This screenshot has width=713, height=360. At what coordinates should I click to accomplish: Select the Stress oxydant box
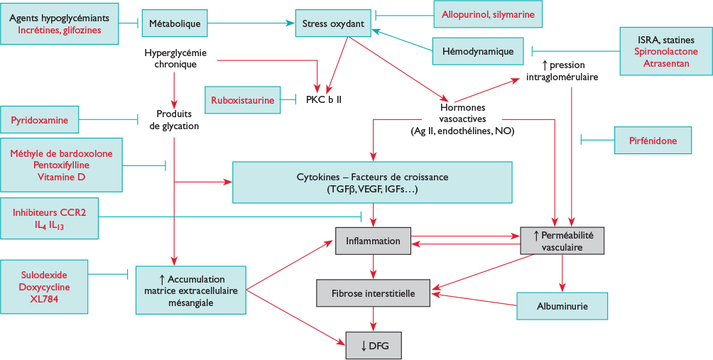click(x=333, y=23)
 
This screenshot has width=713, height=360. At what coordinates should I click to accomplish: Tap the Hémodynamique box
click(x=478, y=51)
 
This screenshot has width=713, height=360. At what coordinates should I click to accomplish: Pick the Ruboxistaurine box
click(x=242, y=100)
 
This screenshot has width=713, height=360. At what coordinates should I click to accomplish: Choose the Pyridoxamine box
click(x=40, y=120)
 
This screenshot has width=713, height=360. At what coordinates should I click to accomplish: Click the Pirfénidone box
click(x=653, y=141)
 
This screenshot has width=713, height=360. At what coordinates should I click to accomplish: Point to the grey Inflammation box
click(x=373, y=241)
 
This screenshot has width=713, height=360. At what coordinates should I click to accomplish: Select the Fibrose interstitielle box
click(x=374, y=293)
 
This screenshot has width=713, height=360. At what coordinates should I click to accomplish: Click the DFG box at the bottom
click(x=374, y=345)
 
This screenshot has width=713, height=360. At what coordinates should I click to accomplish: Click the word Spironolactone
click(x=665, y=52)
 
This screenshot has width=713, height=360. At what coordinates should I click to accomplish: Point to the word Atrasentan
click(x=665, y=64)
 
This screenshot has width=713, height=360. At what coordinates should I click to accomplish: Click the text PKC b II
click(x=324, y=100)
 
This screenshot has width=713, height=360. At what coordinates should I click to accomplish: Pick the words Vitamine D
click(x=61, y=177)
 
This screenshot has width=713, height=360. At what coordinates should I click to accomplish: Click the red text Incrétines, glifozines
click(x=60, y=30)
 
